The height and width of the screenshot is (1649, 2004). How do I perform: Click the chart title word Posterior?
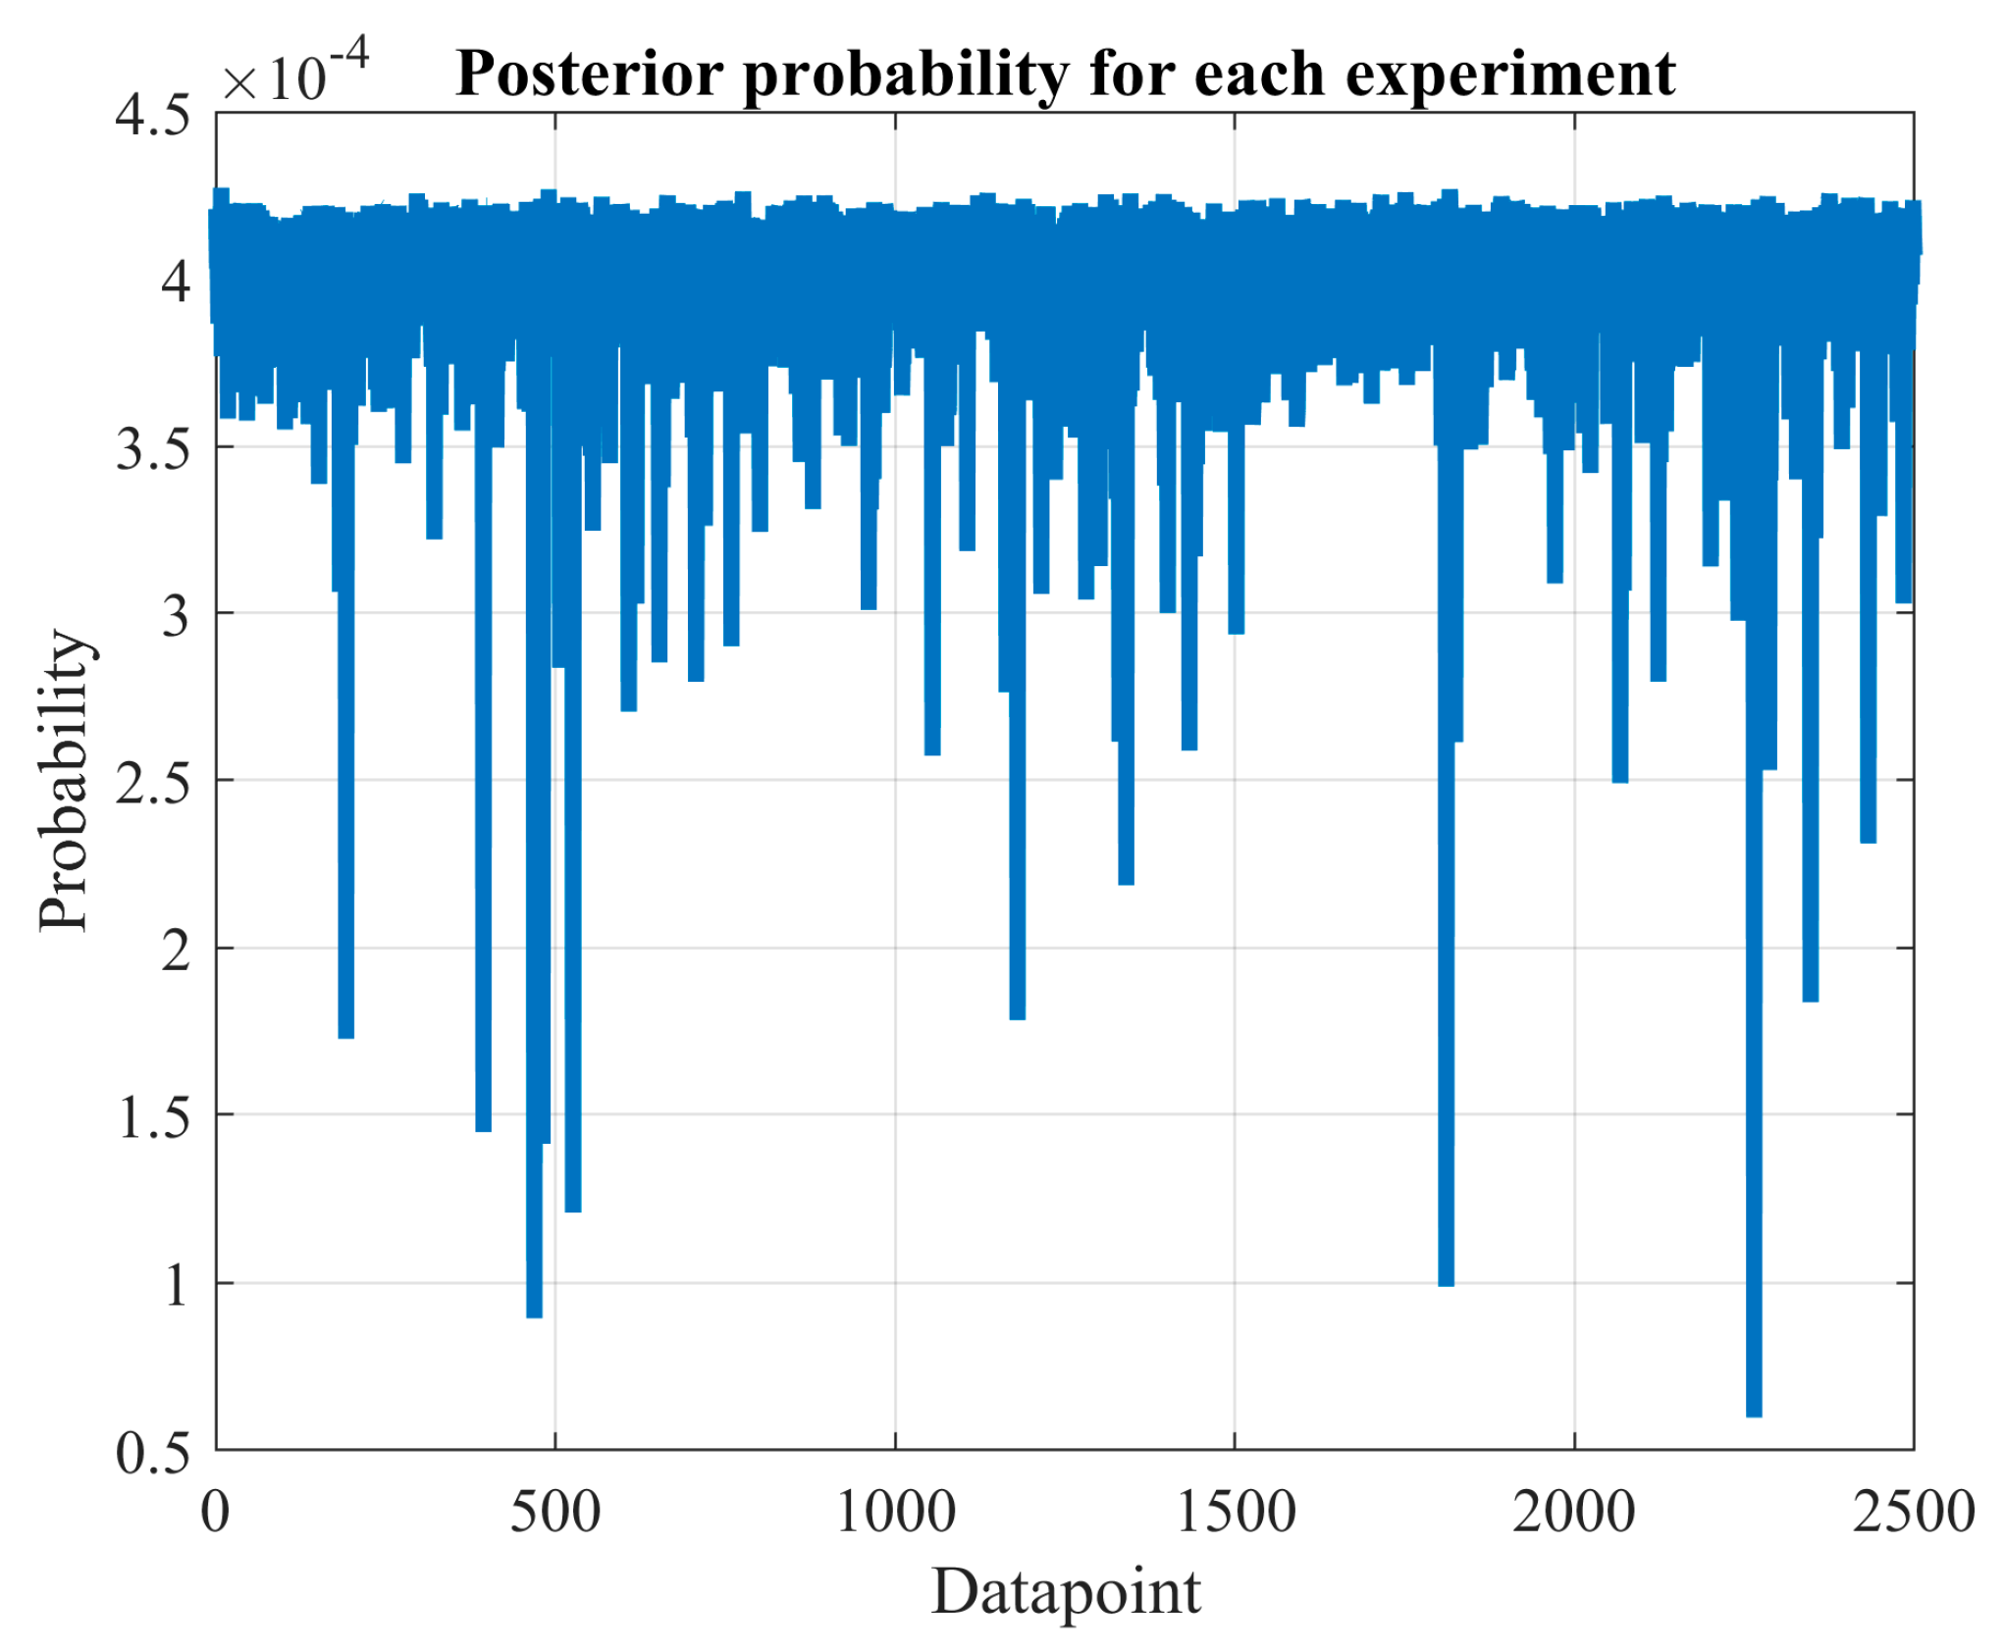point(590,76)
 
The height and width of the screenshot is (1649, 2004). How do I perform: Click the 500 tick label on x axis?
point(555,1512)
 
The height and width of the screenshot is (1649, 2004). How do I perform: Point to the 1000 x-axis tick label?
point(895,1512)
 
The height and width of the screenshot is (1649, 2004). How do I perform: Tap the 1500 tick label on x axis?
point(1235,1512)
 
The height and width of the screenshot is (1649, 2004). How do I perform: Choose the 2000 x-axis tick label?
point(1574,1512)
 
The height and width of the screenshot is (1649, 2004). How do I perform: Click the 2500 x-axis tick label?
point(1913,1512)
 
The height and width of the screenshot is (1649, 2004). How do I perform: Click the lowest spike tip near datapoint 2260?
point(1754,1413)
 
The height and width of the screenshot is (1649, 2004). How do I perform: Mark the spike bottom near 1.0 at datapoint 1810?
point(1446,1282)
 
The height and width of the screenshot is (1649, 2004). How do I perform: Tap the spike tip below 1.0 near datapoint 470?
point(534,1314)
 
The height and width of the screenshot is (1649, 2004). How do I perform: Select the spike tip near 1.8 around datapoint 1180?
point(1018,1016)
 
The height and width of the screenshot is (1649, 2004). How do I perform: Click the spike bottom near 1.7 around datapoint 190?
point(345,1034)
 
